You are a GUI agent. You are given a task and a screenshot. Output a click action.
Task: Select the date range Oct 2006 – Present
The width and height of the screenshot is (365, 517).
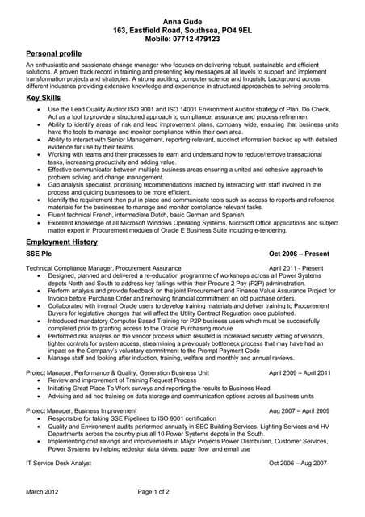point(299,254)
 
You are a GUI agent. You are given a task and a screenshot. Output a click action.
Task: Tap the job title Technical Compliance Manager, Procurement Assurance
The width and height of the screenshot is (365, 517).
point(103,267)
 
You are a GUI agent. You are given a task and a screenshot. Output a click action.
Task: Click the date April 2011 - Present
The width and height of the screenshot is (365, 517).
point(296,267)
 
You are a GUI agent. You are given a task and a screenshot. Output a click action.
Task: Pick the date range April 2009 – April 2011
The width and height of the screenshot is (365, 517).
point(300,372)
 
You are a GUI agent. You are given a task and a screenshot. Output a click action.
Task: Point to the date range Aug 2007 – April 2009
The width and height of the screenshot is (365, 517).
point(299,410)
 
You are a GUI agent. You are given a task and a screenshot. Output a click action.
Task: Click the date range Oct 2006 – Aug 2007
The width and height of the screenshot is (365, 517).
point(298,463)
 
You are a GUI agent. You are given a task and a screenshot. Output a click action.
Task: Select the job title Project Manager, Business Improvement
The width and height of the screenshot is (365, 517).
point(87,410)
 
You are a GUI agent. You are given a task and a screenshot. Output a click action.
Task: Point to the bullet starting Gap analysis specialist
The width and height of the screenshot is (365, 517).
point(186,185)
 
